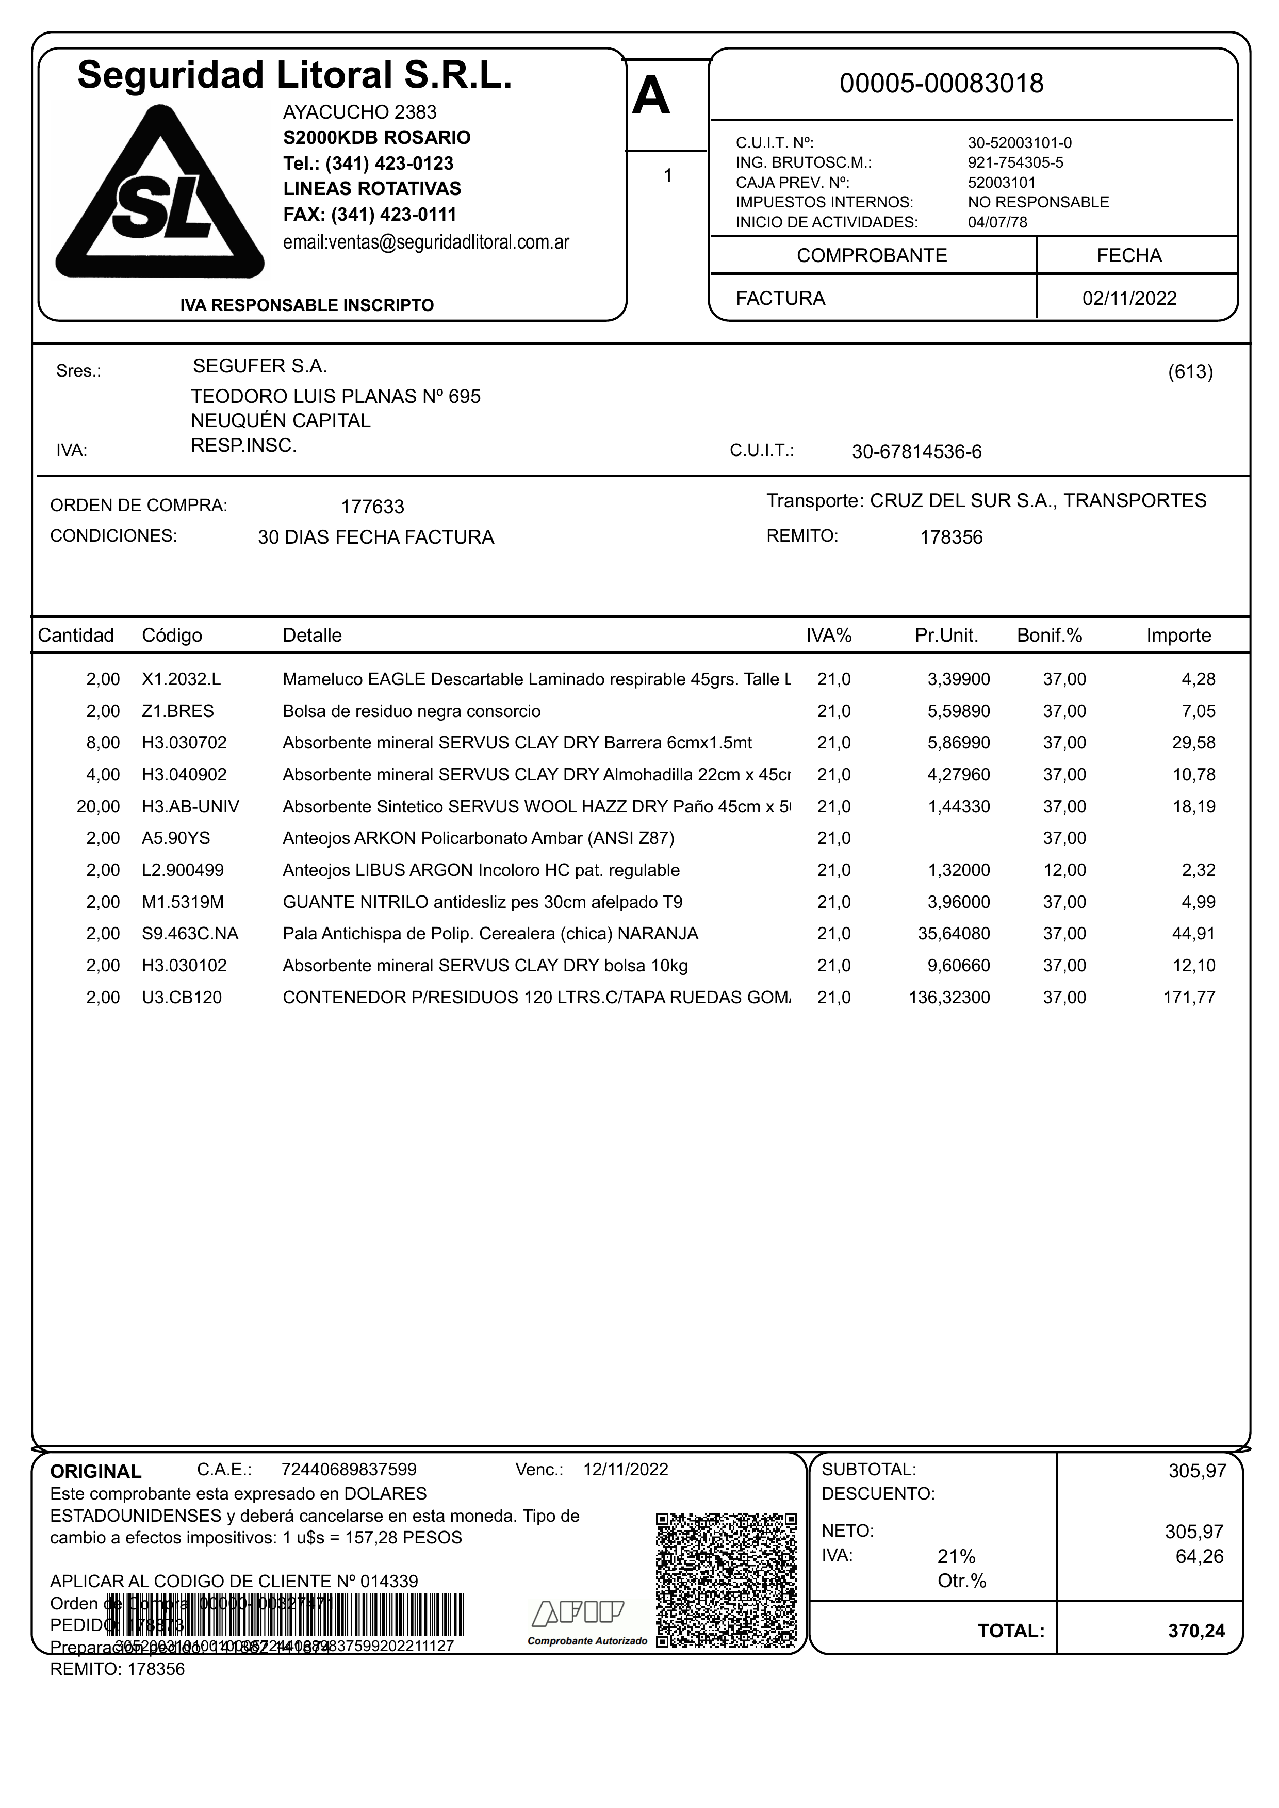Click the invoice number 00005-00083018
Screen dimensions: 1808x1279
click(x=941, y=84)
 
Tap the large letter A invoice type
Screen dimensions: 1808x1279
click(x=651, y=97)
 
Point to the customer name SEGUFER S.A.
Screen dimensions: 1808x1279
click(x=260, y=366)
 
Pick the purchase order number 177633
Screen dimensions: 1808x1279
click(x=372, y=507)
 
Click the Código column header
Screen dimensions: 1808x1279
click(x=172, y=636)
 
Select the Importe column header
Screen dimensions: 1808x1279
click(x=1178, y=636)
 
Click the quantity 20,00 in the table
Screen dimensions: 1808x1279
click(x=99, y=807)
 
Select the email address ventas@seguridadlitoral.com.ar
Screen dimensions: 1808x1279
click(x=426, y=242)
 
